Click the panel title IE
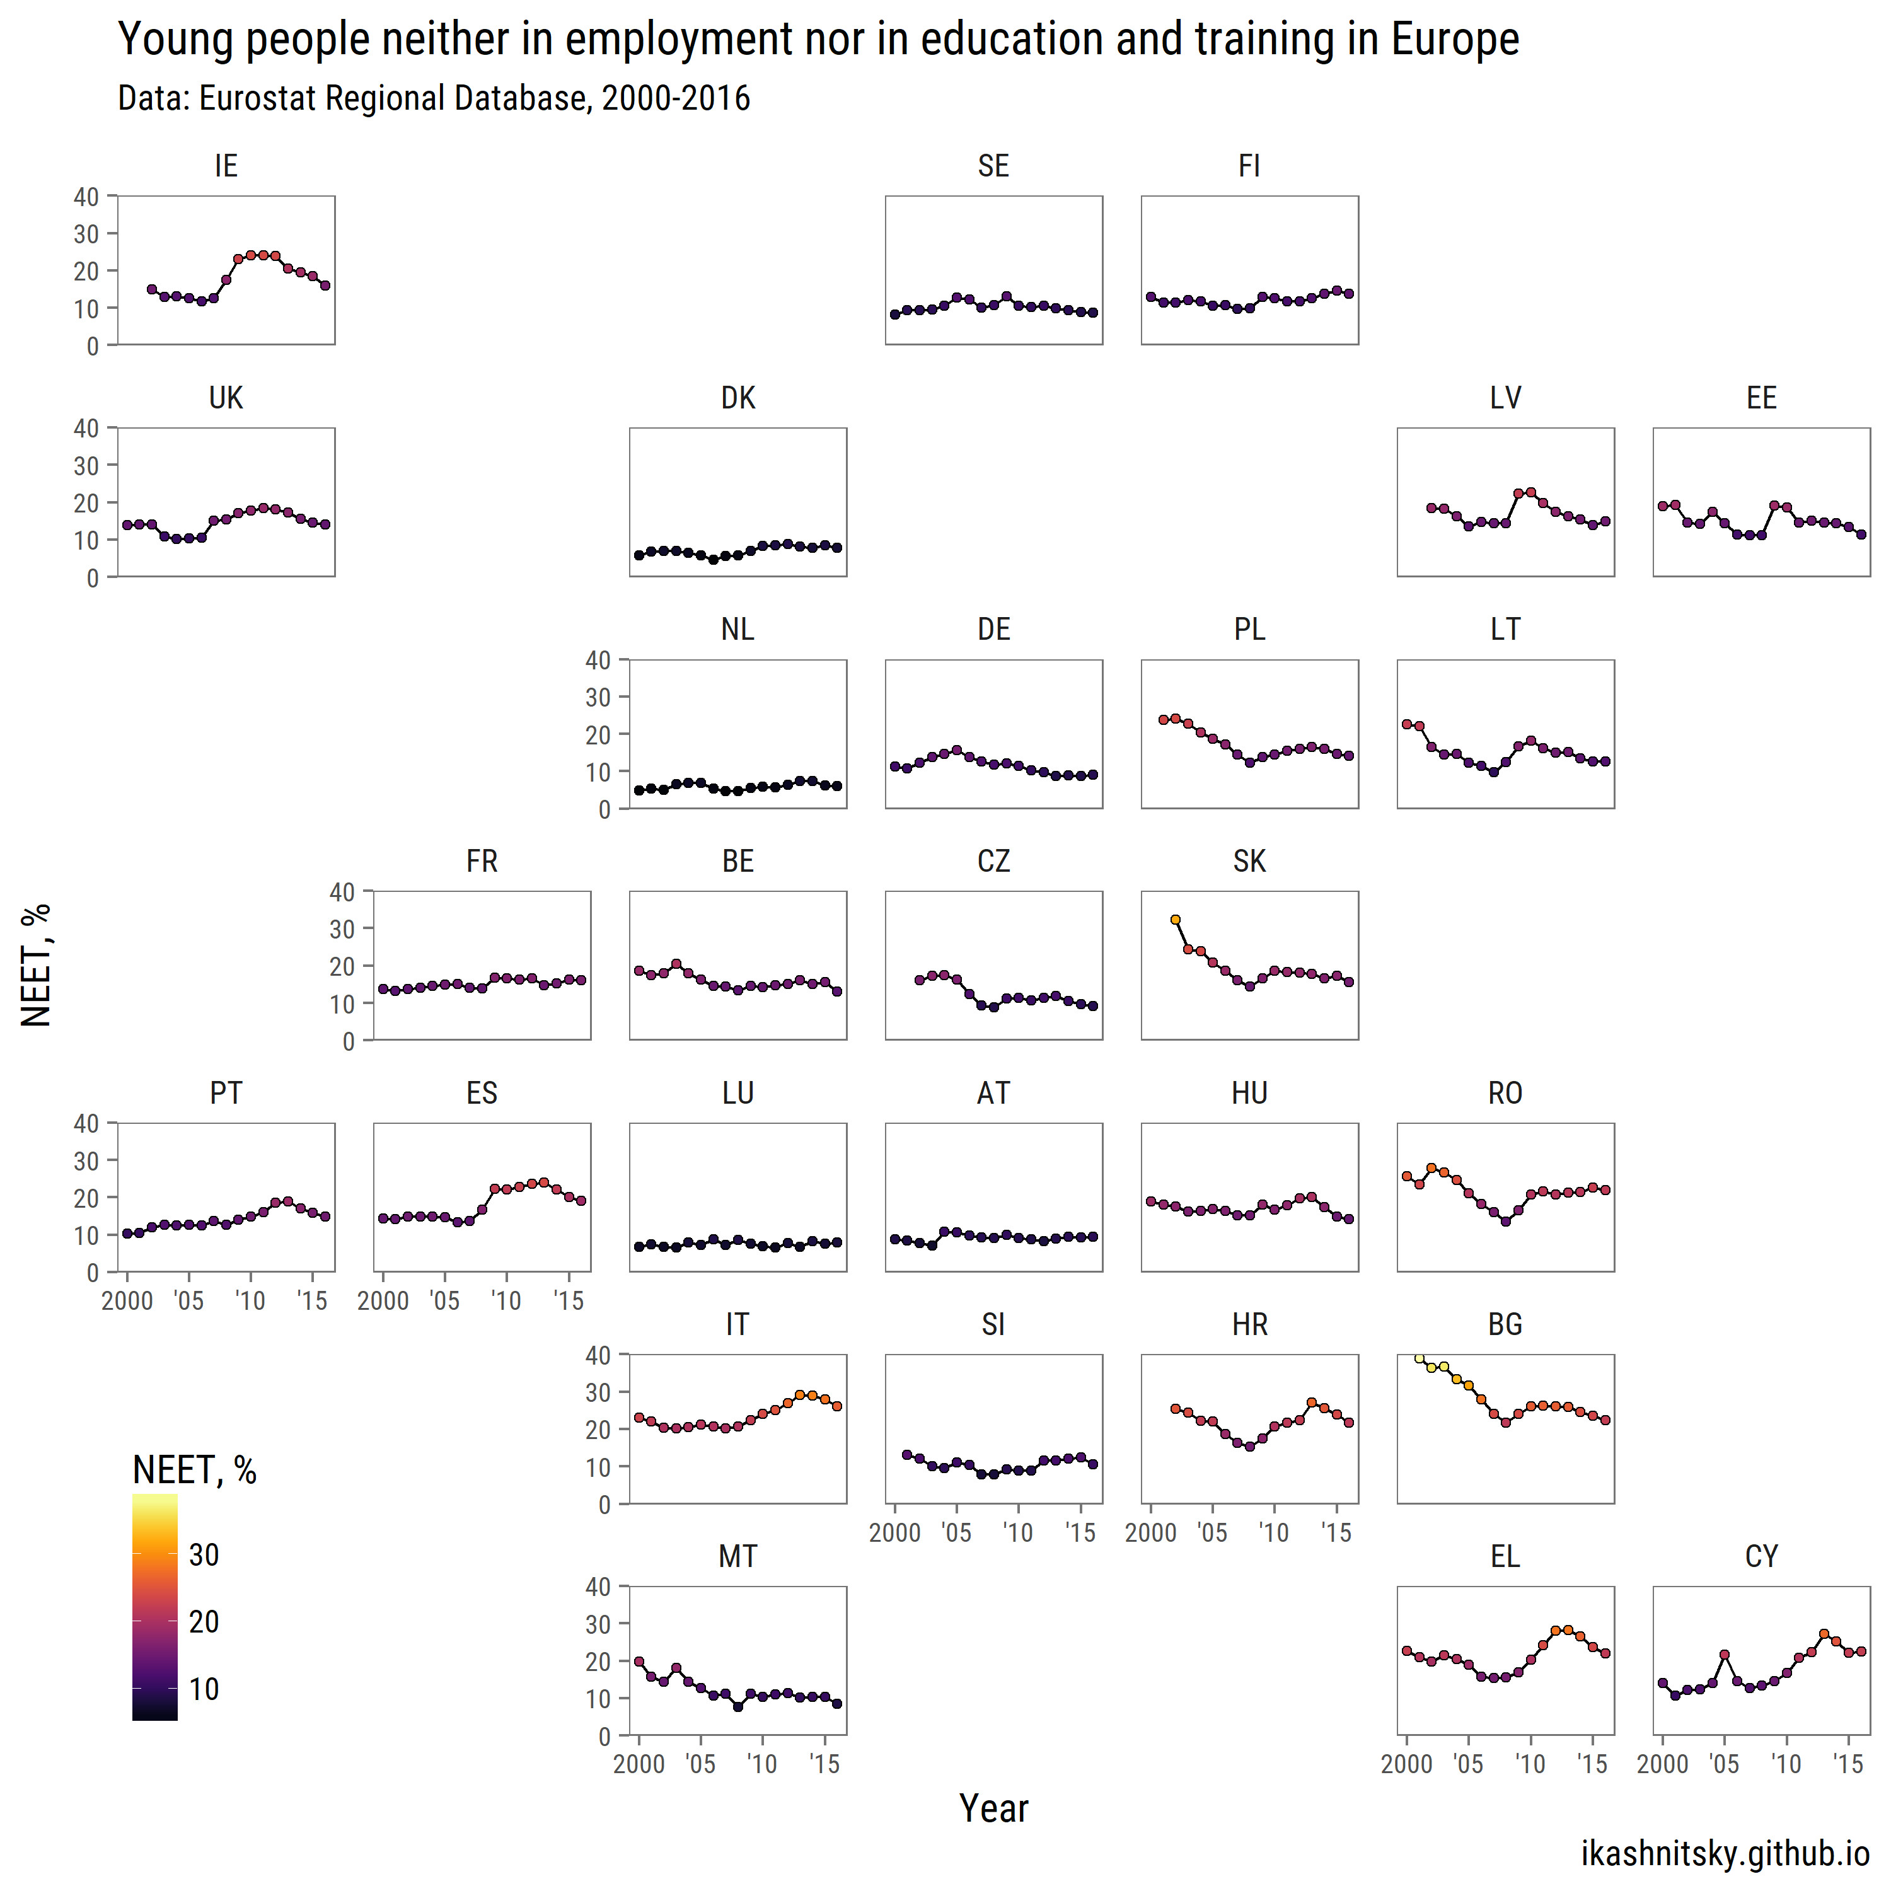click(226, 166)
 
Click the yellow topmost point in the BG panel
click(1420, 1358)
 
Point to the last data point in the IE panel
click(325, 286)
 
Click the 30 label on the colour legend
click(204, 1555)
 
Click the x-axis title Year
click(993, 1809)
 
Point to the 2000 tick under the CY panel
click(1662, 1765)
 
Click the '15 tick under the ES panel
click(568, 1301)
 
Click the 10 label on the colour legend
click(204, 1689)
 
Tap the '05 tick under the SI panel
click(956, 1533)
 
